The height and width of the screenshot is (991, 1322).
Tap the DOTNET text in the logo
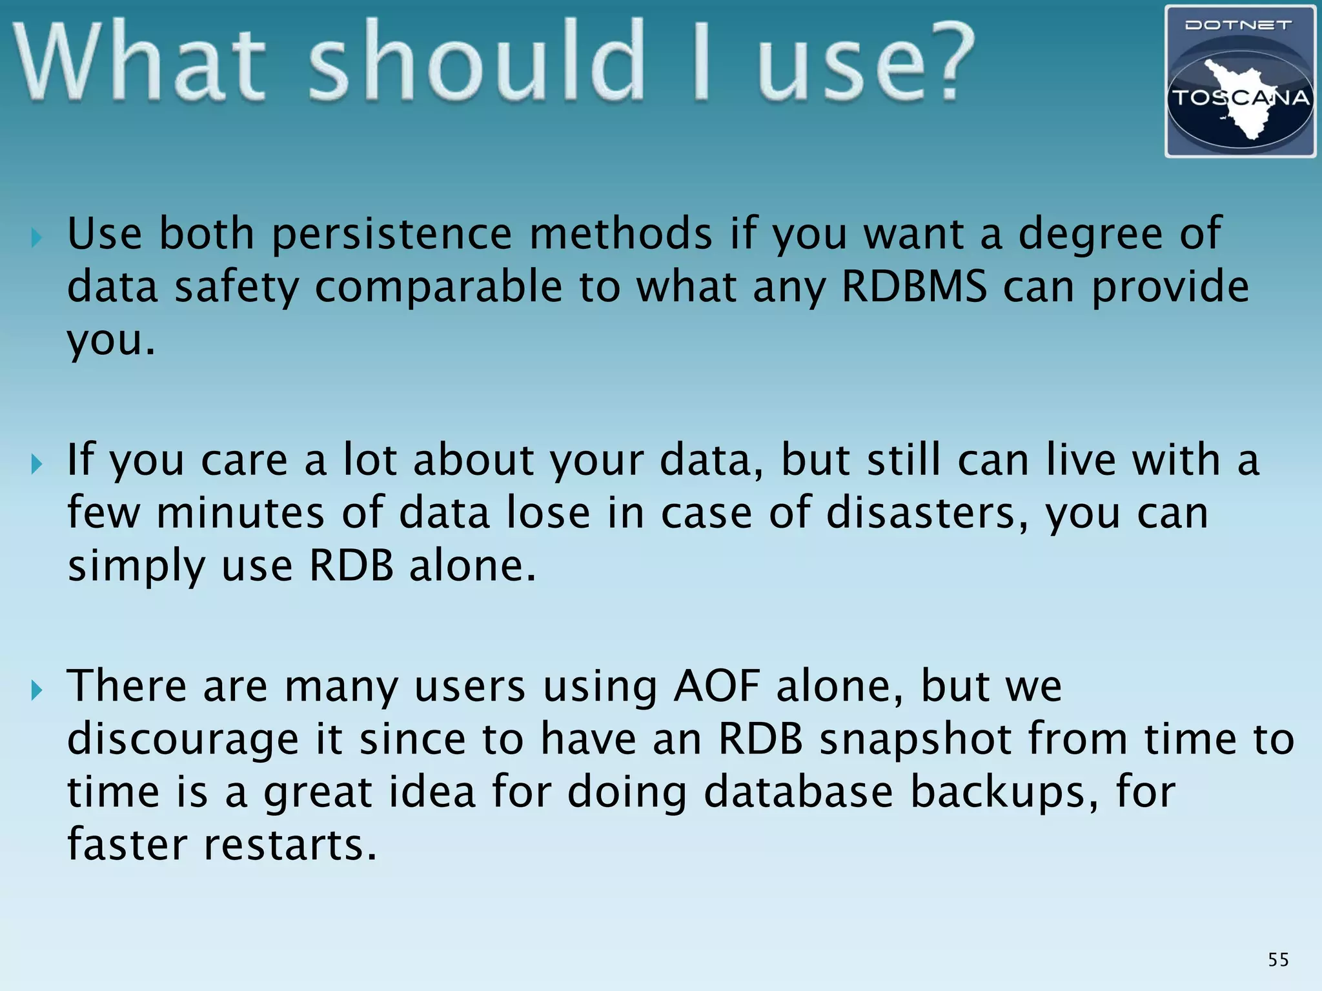[1238, 25]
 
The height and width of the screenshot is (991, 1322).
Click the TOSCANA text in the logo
[1240, 98]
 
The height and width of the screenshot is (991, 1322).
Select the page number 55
[1278, 960]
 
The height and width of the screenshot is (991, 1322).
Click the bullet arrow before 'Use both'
[37, 238]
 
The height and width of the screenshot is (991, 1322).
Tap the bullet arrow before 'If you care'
[37, 464]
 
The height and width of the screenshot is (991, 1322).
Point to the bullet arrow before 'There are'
[37, 690]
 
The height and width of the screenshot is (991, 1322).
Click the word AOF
[716, 686]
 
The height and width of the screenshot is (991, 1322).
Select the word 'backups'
[1004, 792]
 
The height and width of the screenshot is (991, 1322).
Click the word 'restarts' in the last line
[290, 845]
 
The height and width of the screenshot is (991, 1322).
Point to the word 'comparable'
[438, 287]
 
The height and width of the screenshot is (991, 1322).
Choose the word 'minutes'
[240, 513]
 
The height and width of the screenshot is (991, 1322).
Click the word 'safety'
[237, 287]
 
